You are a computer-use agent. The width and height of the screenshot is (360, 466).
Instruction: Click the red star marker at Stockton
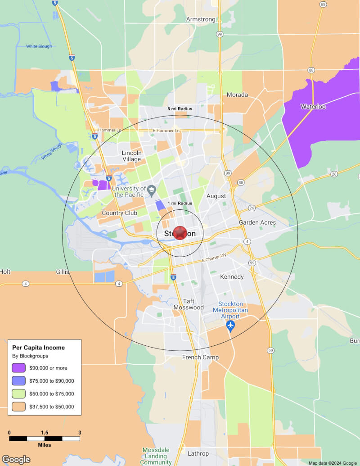pos(180,233)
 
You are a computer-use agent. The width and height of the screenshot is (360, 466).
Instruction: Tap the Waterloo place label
pos(313,107)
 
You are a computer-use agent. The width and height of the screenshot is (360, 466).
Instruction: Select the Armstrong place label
pos(201,19)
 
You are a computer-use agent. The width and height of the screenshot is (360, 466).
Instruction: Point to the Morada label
pos(237,95)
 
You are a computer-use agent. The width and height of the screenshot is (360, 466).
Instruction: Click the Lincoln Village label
pos(131,156)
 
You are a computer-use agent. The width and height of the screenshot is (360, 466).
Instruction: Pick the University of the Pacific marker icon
pos(152,189)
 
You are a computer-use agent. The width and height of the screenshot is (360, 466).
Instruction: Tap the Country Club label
pos(119,213)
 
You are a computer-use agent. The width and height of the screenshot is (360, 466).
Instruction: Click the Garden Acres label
pos(257,222)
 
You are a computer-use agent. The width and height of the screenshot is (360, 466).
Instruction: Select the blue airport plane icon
pos(231,325)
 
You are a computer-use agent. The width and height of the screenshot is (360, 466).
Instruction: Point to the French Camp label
pos(200,357)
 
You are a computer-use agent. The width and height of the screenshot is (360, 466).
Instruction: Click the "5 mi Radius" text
pos(180,109)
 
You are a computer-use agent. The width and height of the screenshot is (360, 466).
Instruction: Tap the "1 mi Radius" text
pos(180,204)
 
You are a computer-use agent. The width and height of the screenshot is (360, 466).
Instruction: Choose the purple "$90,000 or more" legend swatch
pos(19,368)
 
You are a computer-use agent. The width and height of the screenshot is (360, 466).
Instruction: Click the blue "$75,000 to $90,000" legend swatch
pos(19,381)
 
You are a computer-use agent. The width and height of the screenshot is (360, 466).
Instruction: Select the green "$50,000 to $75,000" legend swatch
pos(19,394)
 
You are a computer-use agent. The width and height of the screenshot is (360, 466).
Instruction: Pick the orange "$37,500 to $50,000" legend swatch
pos(19,407)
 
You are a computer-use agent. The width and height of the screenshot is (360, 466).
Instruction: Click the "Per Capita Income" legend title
pos(38,348)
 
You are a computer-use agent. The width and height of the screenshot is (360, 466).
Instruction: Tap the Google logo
pos(16,459)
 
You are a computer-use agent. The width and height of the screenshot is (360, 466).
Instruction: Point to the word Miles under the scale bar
pos(44,445)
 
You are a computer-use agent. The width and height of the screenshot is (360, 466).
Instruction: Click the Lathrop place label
pos(198,453)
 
